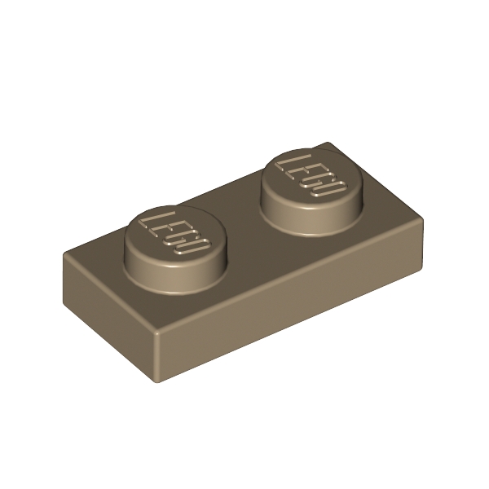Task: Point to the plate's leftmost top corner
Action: [x=64, y=253]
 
